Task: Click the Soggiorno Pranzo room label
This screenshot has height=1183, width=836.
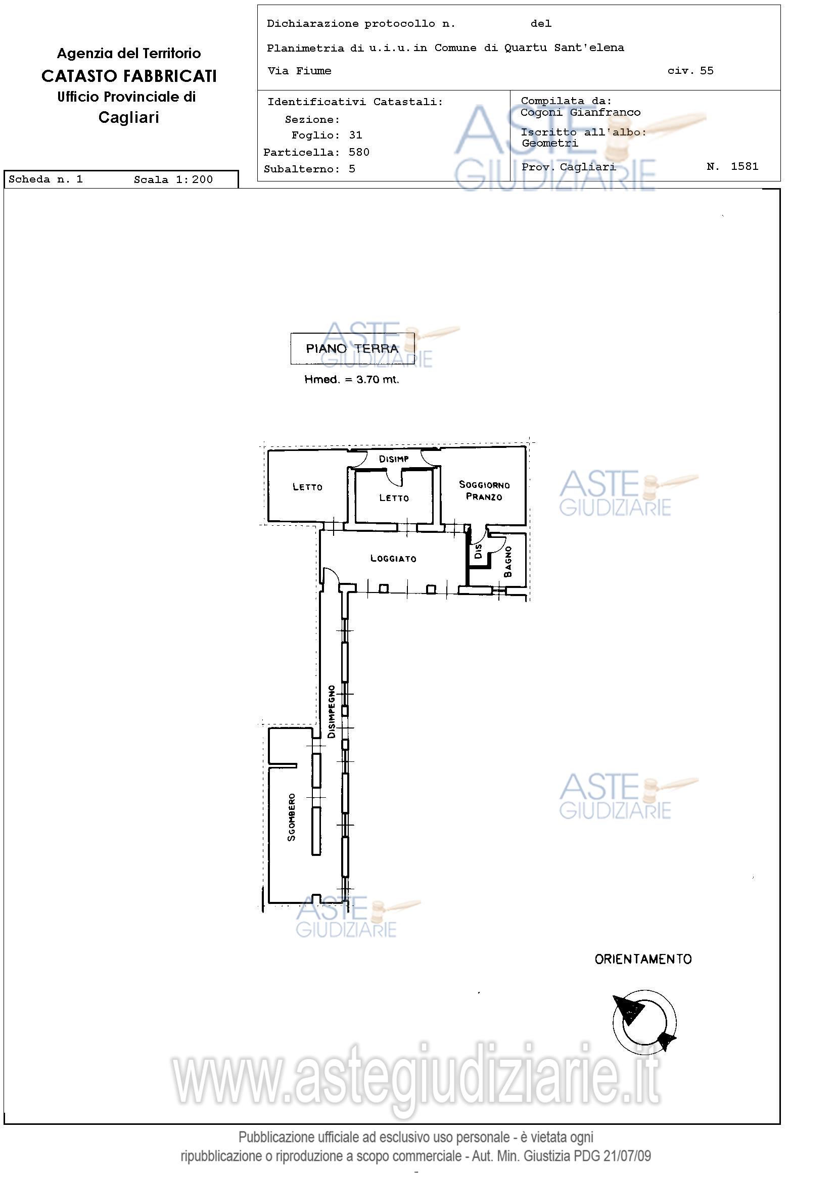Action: click(x=484, y=490)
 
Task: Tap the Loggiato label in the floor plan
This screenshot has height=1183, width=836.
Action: click(x=394, y=559)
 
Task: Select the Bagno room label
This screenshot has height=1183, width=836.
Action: click(x=508, y=562)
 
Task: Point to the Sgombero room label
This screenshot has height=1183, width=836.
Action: click(x=292, y=817)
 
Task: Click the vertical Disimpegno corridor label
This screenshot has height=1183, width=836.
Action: click(x=332, y=711)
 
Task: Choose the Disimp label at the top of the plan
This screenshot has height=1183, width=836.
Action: click(x=394, y=459)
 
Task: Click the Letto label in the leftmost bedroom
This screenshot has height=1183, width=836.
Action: click(x=307, y=486)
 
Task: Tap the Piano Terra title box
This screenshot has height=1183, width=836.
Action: click(x=352, y=348)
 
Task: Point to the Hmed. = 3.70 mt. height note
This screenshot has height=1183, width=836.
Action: click(x=352, y=380)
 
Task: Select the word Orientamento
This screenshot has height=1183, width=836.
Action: click(x=643, y=959)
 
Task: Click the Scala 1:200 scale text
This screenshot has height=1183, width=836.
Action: click(x=173, y=179)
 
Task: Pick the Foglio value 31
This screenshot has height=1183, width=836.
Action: click(x=356, y=135)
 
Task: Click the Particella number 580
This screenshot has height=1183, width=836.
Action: click(x=359, y=152)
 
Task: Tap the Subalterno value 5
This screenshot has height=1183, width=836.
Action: click(x=352, y=169)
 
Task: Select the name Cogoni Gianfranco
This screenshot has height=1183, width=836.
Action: click(x=581, y=112)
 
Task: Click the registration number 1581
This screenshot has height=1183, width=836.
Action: click(x=745, y=166)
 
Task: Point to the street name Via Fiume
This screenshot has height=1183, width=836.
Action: click(x=299, y=71)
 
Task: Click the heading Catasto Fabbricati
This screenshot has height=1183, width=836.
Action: click(x=129, y=76)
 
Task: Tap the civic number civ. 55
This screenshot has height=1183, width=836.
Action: click(x=691, y=71)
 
